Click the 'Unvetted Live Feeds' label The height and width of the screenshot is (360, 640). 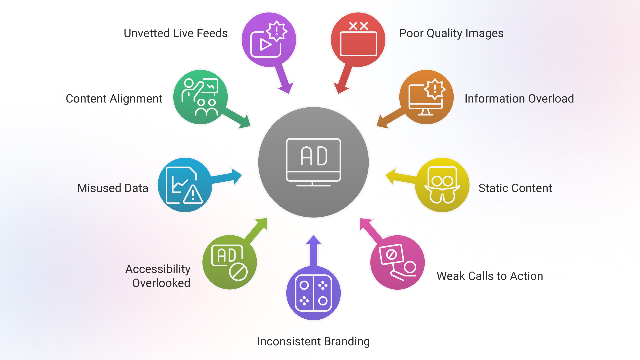click(x=176, y=33)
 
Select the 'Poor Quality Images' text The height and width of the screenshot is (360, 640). click(x=451, y=33)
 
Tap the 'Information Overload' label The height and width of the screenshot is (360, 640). click(x=519, y=99)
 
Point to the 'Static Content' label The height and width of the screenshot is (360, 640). click(x=515, y=188)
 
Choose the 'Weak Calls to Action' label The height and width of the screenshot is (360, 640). click(x=490, y=276)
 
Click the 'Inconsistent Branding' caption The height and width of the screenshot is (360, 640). click(x=313, y=341)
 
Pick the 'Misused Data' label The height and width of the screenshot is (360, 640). click(x=113, y=188)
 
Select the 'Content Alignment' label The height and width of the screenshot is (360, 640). click(x=114, y=99)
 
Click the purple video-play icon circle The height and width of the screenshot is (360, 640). click(x=269, y=40)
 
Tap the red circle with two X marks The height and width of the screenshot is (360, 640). click(x=358, y=40)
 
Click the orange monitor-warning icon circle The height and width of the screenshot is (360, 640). click(x=426, y=97)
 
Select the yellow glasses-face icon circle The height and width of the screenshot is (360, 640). click(x=442, y=185)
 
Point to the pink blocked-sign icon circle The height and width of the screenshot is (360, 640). click(x=397, y=262)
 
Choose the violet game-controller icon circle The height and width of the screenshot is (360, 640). click(x=313, y=293)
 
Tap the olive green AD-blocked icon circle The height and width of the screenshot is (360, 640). click(x=230, y=262)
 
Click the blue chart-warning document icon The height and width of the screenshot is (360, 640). click(x=185, y=185)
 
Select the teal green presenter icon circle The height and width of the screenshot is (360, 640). click(x=200, y=97)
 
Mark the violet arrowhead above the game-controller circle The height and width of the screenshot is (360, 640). click(x=313, y=241)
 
